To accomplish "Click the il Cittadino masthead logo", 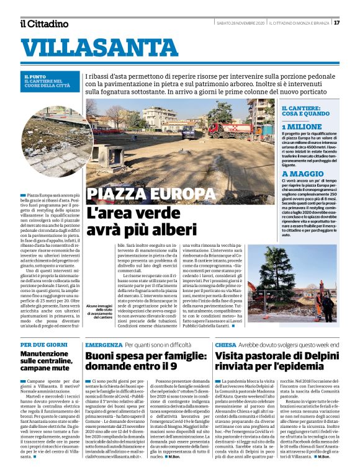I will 44,24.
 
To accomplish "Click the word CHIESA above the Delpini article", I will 225,344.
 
